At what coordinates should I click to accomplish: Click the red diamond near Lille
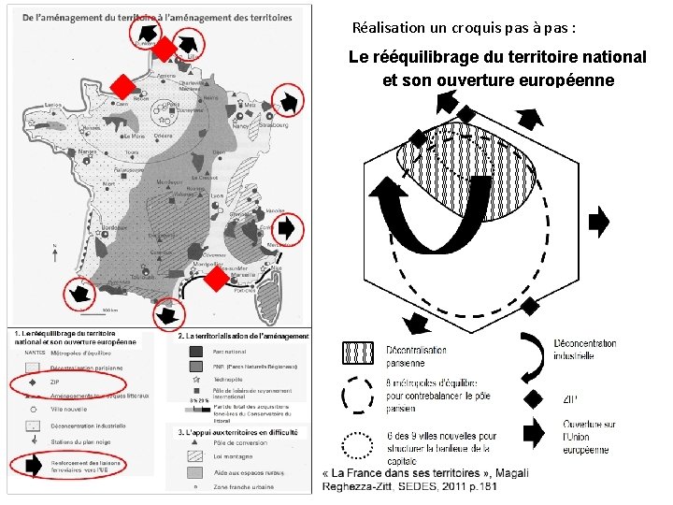tap(164, 49)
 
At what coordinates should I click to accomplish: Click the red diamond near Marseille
tap(216, 278)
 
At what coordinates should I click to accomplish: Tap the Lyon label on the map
tap(218, 195)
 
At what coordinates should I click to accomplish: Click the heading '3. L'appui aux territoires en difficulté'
tap(238, 432)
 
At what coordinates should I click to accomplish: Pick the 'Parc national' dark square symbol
tap(196, 352)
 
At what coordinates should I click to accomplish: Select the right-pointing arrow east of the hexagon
tap(598, 222)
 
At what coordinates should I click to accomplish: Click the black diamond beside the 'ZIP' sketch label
tap(533, 399)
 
